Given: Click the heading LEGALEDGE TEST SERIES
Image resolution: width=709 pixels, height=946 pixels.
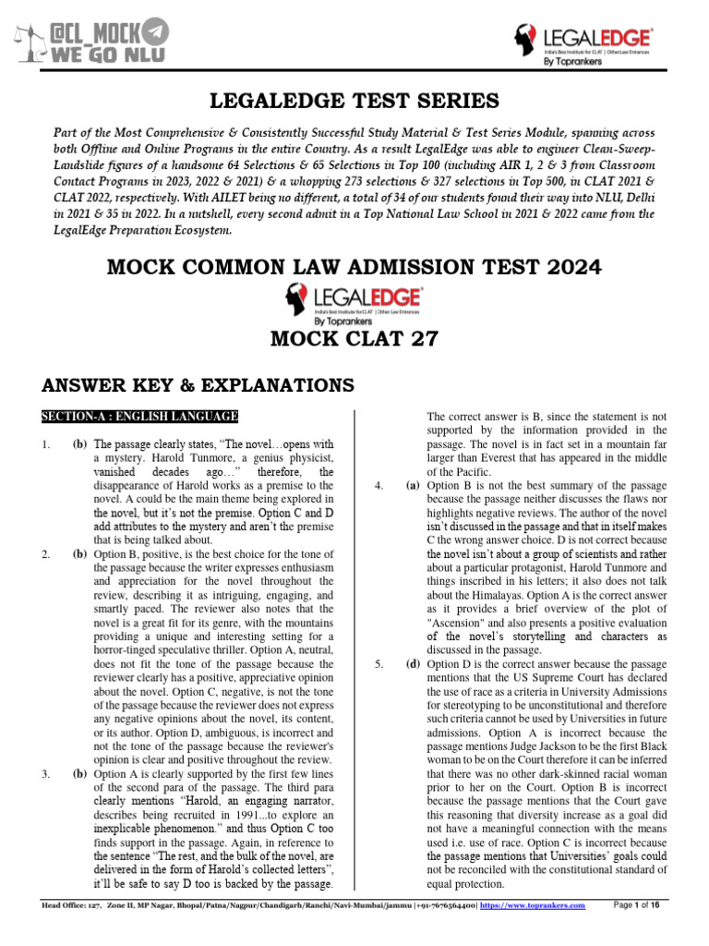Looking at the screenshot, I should point(354,99).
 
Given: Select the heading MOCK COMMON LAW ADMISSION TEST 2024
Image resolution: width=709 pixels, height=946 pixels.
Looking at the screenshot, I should point(354,267).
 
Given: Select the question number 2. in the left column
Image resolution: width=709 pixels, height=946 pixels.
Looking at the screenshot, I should point(45,554).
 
